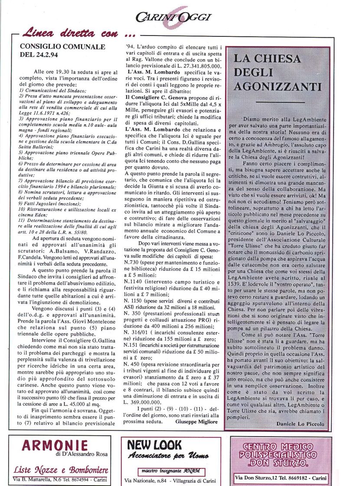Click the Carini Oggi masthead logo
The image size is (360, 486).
pyautogui.click(x=173, y=16)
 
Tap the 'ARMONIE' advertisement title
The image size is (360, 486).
pyautogui.click(x=55, y=445)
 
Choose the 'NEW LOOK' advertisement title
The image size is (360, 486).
pyautogui.click(x=151, y=444)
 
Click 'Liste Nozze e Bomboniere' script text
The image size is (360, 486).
pyautogui.click(x=61, y=470)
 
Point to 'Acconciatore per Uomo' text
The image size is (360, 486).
pyautogui.click(x=168, y=455)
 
